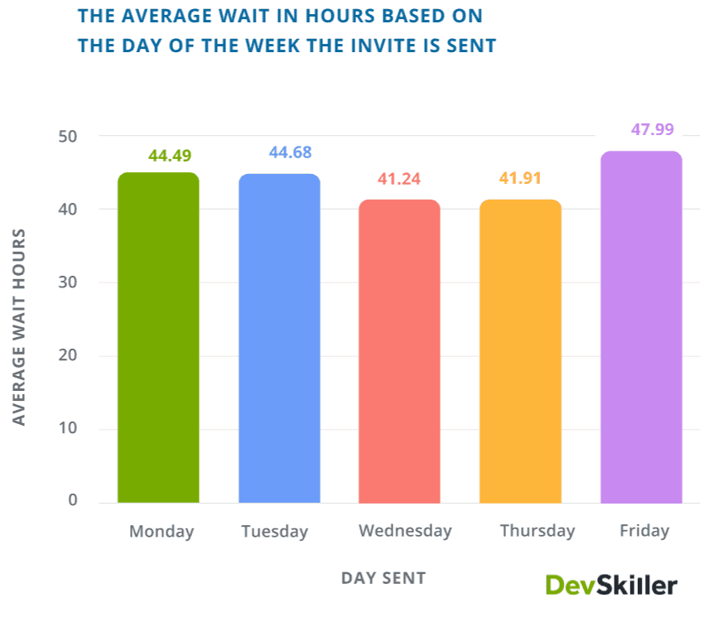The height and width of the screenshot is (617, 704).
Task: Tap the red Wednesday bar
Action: pos(399,351)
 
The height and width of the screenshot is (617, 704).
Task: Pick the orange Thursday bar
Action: pos(520,351)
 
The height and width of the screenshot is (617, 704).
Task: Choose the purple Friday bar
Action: pos(641,327)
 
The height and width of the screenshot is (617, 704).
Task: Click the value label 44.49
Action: pos(171,156)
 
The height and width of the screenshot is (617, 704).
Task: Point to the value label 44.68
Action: pos(290,152)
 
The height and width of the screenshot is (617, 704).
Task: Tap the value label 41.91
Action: pos(520,179)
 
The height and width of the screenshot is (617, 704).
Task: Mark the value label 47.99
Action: pos(653,129)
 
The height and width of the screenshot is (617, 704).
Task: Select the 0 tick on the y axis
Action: pos(73,500)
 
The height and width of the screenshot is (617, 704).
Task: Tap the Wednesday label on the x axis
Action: pos(405,531)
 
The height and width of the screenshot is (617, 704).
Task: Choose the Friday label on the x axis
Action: pos(644,531)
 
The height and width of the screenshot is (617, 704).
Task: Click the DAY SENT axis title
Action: pos(383,578)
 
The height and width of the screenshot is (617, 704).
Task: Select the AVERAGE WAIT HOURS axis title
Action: pos(20,326)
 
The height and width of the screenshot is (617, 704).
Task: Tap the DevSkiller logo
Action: pos(611,585)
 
